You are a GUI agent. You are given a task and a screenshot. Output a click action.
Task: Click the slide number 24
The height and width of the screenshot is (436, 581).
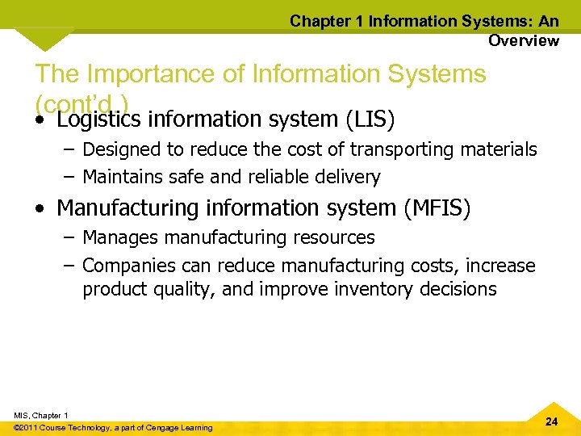(x=551, y=421)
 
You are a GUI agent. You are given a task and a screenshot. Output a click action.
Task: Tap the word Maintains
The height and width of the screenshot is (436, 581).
(x=123, y=176)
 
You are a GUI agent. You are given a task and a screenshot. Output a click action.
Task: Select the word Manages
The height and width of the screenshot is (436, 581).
(x=118, y=237)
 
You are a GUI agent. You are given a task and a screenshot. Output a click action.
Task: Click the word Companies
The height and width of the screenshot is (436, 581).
(x=127, y=265)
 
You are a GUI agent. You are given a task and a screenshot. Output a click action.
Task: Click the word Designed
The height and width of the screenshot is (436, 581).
(x=119, y=149)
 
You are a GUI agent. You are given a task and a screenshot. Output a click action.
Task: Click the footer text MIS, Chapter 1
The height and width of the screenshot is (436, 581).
(x=41, y=415)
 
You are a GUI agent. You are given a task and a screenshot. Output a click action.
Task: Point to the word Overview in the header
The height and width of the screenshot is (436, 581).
(x=523, y=40)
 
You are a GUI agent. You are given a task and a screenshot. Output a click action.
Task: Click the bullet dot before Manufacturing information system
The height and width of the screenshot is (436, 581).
(x=40, y=209)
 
